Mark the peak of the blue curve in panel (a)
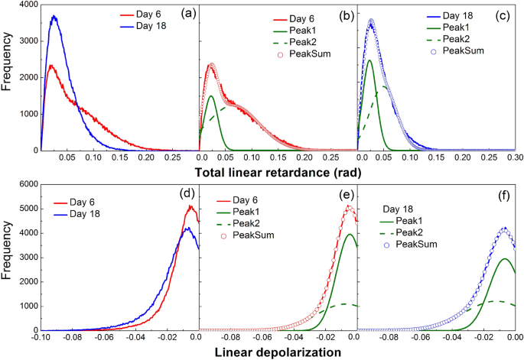pyautogui.click(x=53, y=16)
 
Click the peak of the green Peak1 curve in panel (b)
pyautogui.click(x=211, y=96)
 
